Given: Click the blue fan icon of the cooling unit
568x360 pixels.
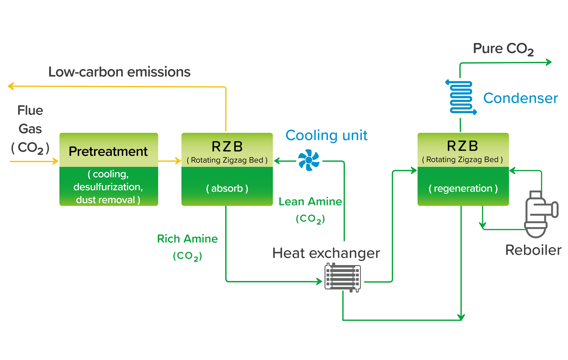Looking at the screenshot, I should (x=309, y=160).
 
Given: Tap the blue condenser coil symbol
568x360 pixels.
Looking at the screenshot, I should (x=461, y=97).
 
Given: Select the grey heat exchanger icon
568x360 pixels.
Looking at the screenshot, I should (x=343, y=278).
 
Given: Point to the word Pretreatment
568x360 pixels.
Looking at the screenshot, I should (x=108, y=151).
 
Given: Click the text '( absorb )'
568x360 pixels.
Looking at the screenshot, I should (x=227, y=188).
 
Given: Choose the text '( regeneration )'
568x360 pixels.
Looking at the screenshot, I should (x=463, y=188).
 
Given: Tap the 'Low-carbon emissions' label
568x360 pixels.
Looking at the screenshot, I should (x=119, y=72).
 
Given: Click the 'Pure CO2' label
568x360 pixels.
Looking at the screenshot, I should (x=503, y=49).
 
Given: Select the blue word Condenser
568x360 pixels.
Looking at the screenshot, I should (x=520, y=98).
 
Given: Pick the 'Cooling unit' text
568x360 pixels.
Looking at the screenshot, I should (x=326, y=135).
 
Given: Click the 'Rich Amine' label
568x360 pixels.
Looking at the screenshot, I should (x=187, y=239).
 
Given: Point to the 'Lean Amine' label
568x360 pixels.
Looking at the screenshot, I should (x=310, y=202).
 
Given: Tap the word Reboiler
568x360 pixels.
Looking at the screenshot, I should (x=533, y=250).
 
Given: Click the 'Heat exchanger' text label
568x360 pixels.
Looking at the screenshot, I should (x=326, y=253).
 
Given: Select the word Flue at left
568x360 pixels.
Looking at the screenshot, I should (x=30, y=110).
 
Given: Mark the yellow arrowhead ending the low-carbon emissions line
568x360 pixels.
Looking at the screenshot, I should (x=10, y=86).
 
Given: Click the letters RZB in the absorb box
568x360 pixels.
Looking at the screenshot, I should (x=227, y=146).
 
